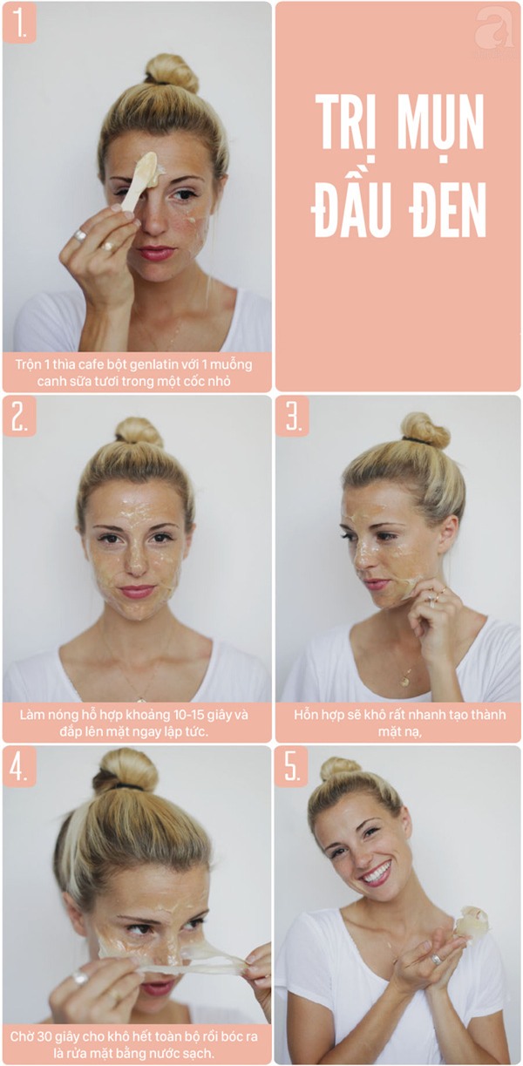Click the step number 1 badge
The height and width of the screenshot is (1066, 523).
pos(19,23)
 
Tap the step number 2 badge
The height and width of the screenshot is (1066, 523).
pos(19,416)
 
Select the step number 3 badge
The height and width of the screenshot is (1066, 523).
pos(292,416)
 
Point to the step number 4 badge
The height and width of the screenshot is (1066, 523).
pos(19,766)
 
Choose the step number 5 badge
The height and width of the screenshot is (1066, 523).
pos(292,766)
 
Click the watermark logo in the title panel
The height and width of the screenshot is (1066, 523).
pos(494,30)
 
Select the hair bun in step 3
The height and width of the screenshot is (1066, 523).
pos(425,431)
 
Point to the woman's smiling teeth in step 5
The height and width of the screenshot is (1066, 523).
pos(378,872)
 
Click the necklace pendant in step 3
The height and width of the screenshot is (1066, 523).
pos(405,681)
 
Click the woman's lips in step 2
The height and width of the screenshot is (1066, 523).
pos(137,592)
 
